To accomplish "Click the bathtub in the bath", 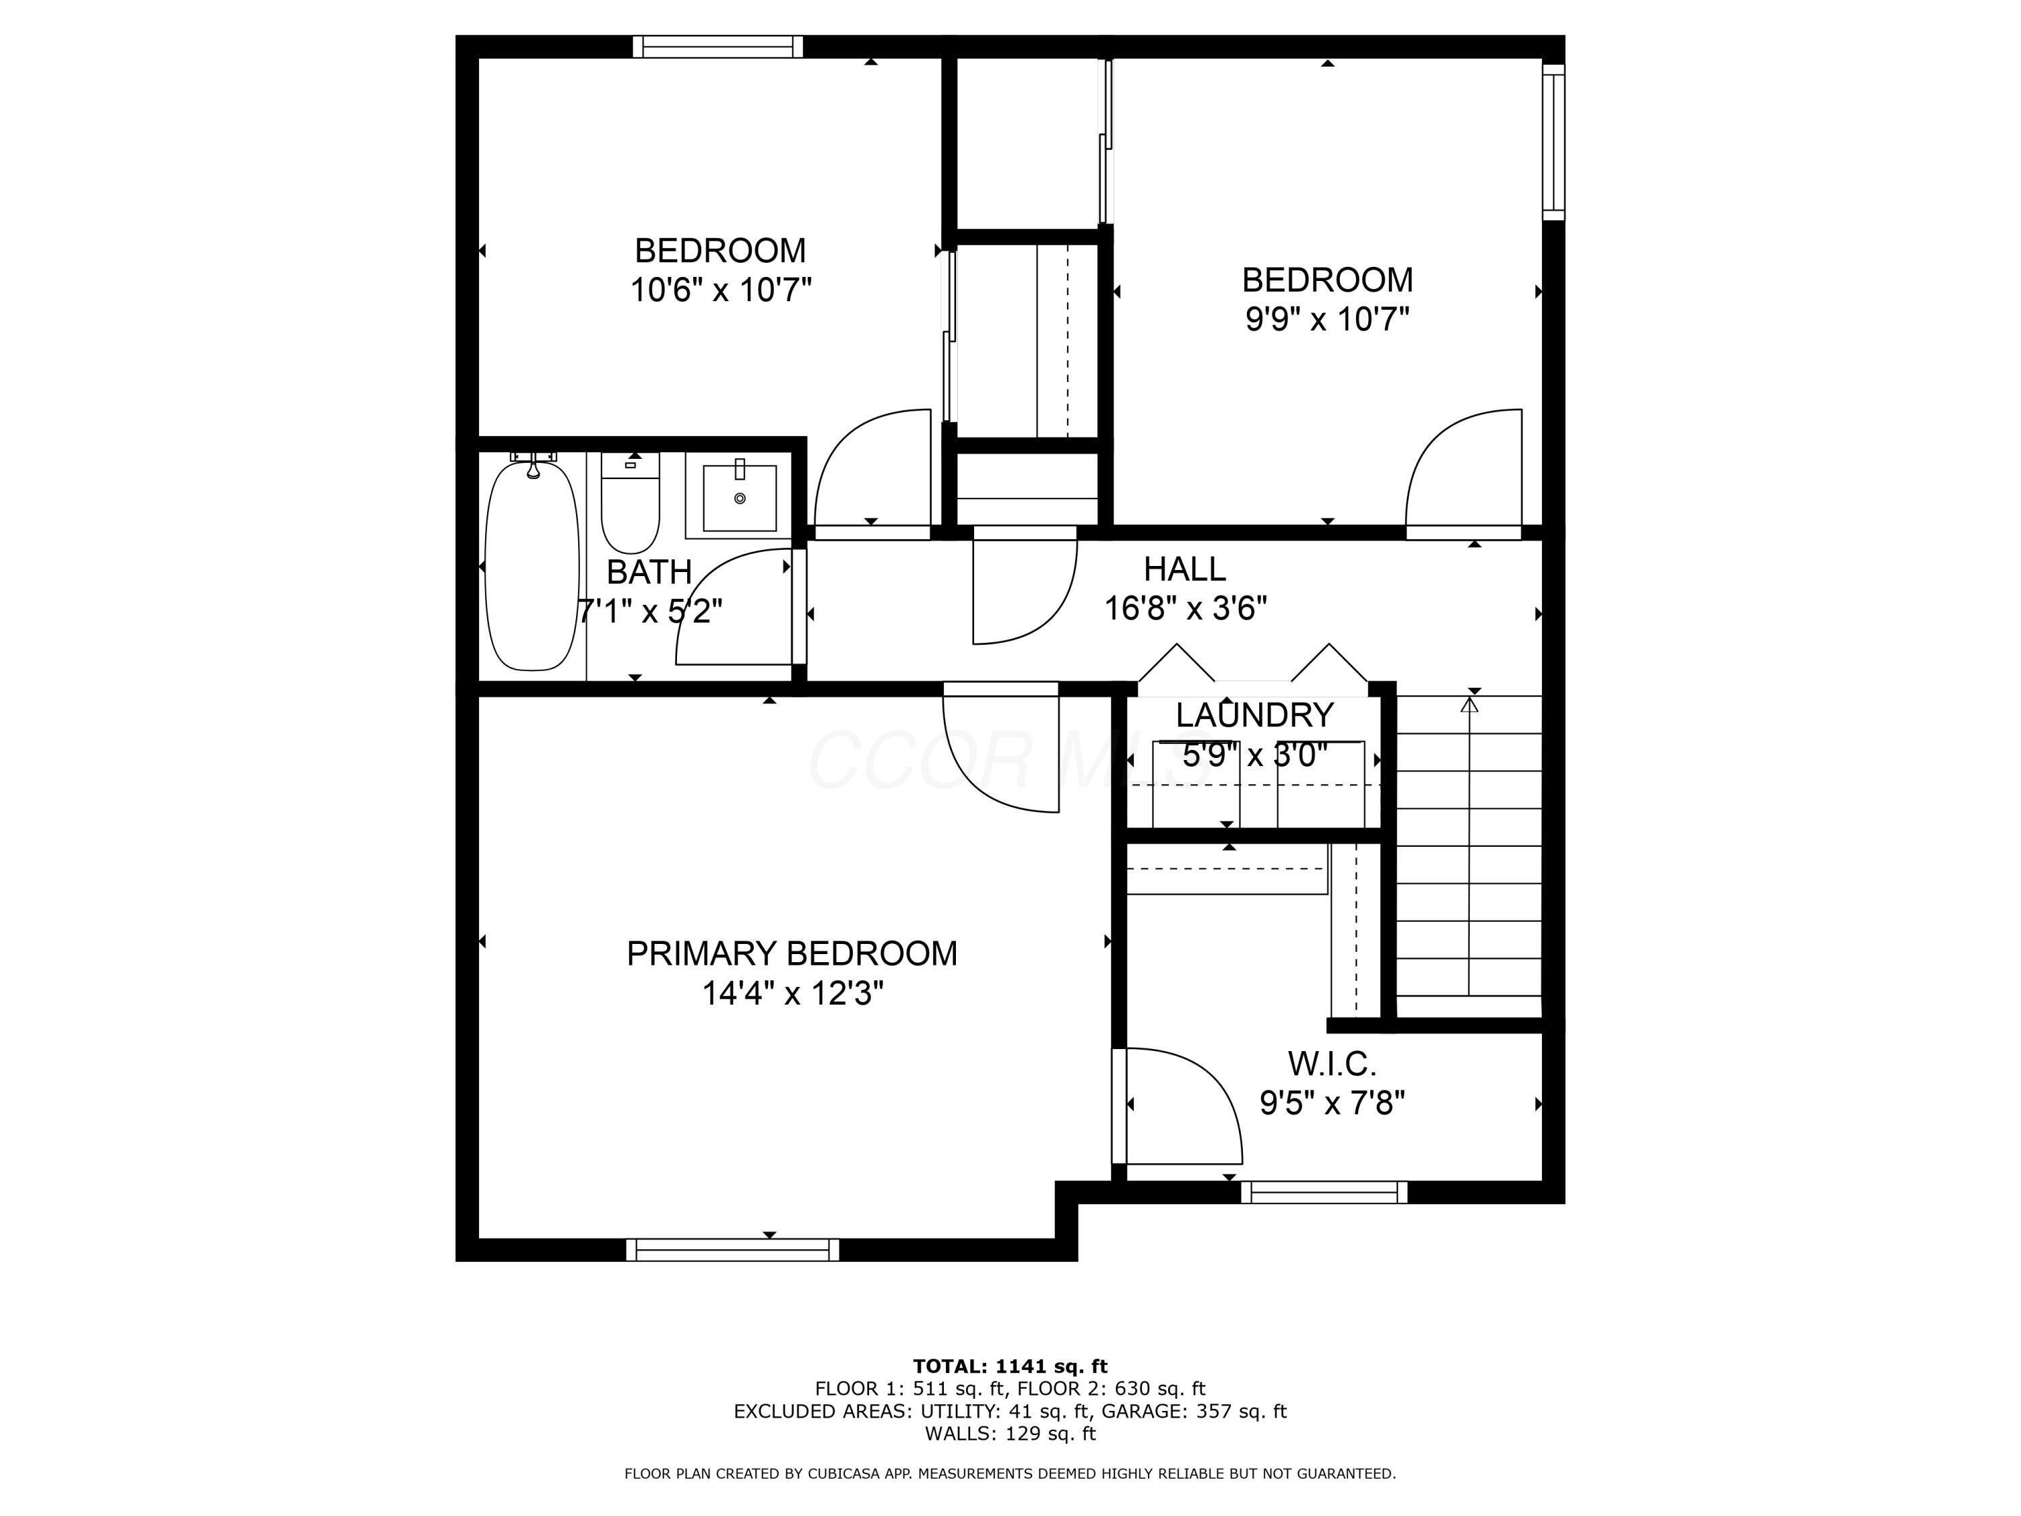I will (532, 567).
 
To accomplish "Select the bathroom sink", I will (739, 498).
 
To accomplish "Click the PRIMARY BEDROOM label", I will (792, 954).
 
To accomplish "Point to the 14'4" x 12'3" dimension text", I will (792, 993).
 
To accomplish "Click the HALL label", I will (1184, 569).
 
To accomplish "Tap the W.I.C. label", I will (1331, 1064).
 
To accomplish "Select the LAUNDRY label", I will (1254, 715).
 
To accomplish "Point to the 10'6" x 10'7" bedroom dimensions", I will (720, 290).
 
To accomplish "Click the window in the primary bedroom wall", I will (733, 1249).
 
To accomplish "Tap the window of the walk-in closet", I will (1324, 1192).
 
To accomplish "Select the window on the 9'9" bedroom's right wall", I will (1553, 141).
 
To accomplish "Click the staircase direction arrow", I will (1469, 705).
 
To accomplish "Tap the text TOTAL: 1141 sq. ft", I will (1010, 1366).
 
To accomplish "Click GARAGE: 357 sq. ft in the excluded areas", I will (1193, 1411).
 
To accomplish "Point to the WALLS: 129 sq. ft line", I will (1010, 1433).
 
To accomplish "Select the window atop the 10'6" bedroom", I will (718, 46).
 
